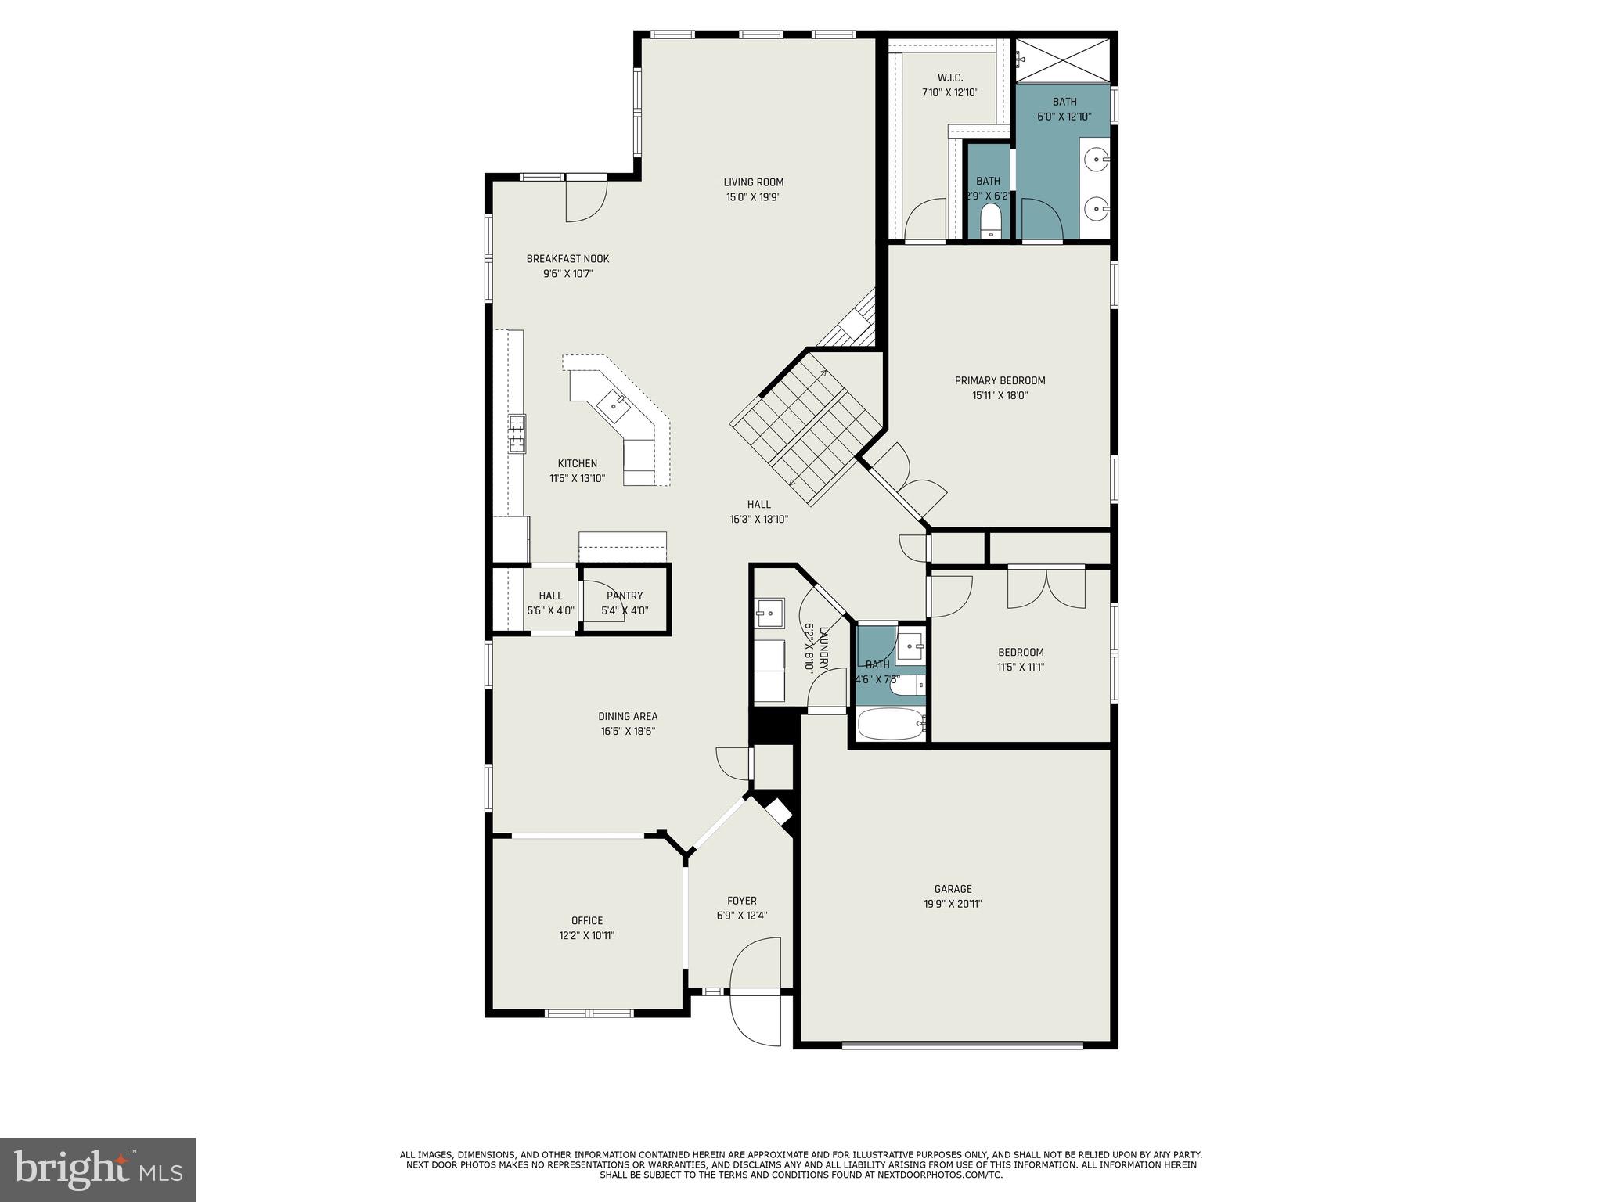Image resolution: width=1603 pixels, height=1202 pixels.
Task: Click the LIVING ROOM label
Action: (x=753, y=182)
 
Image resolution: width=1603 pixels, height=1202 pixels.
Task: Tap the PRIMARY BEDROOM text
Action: (x=1000, y=380)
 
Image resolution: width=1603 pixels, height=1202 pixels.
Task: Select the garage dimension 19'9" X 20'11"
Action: (x=953, y=904)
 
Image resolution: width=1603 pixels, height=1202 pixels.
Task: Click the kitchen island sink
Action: (x=613, y=405)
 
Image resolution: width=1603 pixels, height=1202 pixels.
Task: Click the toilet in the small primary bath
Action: (x=991, y=221)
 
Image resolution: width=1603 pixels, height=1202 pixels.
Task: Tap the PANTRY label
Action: (x=625, y=596)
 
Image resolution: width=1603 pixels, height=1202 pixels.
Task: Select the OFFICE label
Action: (x=587, y=920)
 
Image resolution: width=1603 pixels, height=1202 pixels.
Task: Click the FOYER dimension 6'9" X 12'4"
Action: (x=741, y=916)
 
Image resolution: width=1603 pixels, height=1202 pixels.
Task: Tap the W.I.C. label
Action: (x=949, y=77)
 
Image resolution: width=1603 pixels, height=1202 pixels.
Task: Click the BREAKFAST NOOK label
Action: (x=567, y=259)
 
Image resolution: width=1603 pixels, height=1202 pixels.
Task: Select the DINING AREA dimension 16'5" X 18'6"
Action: (x=628, y=732)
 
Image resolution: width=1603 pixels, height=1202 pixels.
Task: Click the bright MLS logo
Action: (x=98, y=1169)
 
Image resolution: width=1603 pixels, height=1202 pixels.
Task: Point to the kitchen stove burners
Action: (x=517, y=434)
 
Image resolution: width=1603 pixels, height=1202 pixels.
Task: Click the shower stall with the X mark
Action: (x=1062, y=59)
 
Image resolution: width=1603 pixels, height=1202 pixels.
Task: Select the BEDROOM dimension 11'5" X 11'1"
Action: (x=1021, y=668)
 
